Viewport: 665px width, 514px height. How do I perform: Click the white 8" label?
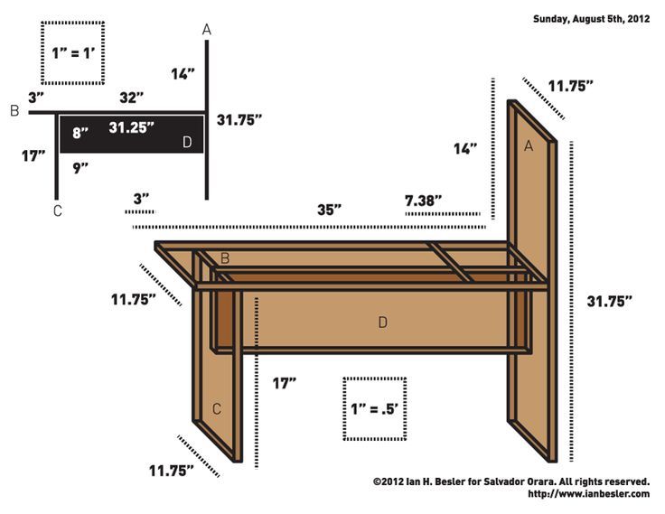pos(81,133)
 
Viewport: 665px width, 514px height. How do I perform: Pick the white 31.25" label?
pos(132,127)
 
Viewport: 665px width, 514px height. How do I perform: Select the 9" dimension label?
pos(80,166)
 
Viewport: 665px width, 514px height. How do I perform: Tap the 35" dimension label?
pos(329,210)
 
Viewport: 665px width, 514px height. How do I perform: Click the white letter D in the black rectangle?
pos(187,141)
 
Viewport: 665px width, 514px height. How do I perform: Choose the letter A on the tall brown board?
pos(529,145)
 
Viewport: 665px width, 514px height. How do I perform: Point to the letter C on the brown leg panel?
pos(217,409)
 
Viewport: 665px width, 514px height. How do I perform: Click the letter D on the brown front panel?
pos(383,322)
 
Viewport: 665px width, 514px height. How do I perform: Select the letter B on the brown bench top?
pos(225,258)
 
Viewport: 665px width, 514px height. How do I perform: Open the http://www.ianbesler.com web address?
pos(588,494)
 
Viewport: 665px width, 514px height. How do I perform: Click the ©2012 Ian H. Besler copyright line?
pos(510,481)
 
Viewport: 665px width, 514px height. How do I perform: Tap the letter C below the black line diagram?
pos(57,211)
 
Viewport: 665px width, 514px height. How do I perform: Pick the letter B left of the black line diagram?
pos(14,111)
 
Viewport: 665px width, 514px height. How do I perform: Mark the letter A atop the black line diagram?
pos(207,30)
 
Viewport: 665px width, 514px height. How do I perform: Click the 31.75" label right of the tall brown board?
pos(609,300)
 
